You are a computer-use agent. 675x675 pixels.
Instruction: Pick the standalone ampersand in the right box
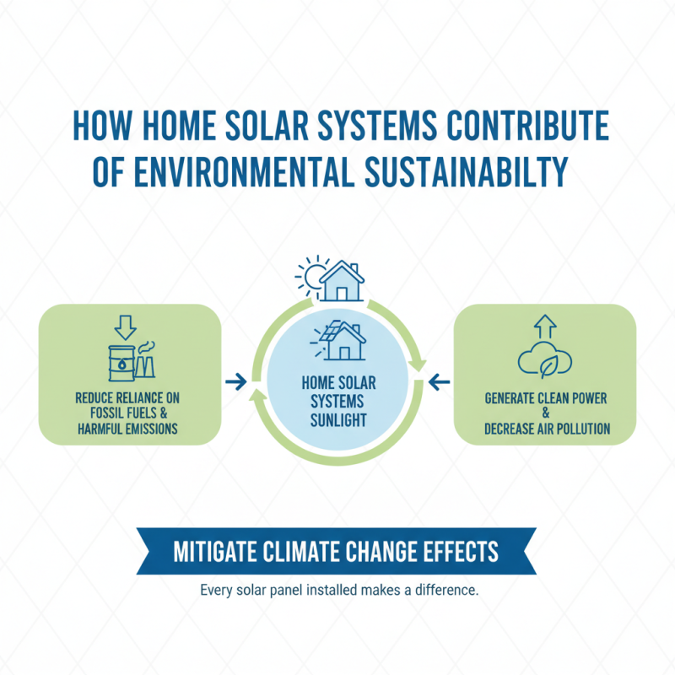click(x=547, y=413)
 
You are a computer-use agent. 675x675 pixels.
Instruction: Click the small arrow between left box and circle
click(x=237, y=382)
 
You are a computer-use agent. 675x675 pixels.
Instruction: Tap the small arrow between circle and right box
click(x=439, y=382)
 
